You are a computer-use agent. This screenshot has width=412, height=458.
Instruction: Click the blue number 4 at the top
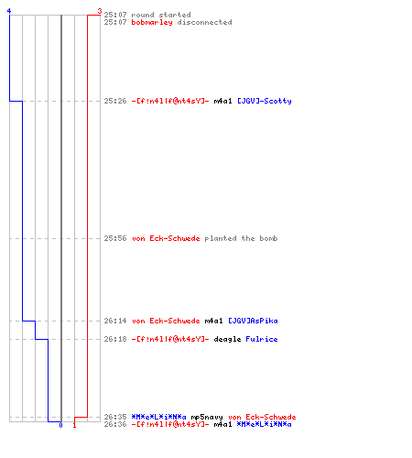9,11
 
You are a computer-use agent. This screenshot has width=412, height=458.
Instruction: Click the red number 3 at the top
100,11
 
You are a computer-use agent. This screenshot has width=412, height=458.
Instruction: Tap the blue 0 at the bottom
60,425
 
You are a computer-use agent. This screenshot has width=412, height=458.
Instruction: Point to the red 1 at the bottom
74,425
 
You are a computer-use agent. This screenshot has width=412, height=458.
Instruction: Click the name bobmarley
152,22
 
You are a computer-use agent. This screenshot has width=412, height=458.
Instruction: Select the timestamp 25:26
115,101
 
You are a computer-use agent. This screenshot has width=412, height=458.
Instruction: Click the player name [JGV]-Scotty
265,101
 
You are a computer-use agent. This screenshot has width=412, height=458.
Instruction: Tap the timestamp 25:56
115,238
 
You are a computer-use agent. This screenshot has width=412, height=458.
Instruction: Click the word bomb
268,238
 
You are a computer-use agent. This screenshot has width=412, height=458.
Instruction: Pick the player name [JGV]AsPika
253,321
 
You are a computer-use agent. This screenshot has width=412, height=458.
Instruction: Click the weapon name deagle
227,339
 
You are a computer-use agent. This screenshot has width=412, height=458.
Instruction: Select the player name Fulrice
262,339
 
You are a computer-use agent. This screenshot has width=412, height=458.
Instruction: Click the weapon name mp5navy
207,417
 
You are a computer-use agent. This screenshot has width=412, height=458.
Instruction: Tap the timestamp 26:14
115,321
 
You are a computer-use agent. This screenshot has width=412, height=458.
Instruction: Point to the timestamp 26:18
115,339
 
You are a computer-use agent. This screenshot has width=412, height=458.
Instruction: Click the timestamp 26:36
115,424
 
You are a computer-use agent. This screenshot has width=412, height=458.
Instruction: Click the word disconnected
204,22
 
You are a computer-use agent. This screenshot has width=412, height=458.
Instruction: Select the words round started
161,15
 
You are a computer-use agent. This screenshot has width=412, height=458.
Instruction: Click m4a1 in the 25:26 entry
222,101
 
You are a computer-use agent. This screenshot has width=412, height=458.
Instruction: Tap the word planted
221,238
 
